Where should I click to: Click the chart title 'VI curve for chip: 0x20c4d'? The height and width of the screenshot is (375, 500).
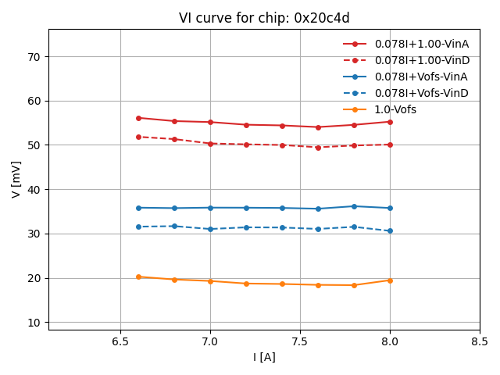point(264,18)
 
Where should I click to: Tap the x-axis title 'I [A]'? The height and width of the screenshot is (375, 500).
point(264,357)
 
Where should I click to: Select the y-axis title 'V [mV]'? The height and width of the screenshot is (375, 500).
point(16,179)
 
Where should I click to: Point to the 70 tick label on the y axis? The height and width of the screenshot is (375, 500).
point(34,57)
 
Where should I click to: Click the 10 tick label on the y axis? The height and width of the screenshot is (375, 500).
point(34,323)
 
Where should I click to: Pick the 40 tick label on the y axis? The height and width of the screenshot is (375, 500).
point(34,190)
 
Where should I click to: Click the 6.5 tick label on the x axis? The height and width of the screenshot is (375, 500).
point(120,341)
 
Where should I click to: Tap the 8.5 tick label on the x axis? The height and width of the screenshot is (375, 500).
point(480,341)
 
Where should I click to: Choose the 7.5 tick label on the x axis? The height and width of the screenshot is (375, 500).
point(300,341)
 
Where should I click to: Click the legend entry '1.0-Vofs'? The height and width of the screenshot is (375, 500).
point(395,109)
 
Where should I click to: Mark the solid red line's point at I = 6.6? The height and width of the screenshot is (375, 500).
point(138,118)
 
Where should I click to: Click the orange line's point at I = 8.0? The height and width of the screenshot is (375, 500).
point(390,280)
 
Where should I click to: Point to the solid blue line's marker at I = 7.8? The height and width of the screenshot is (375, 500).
point(354,206)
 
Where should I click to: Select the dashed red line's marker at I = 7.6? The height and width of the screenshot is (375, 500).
point(318,148)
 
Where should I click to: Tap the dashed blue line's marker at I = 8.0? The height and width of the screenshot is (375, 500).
point(390,230)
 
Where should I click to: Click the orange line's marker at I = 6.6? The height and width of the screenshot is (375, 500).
point(138,277)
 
